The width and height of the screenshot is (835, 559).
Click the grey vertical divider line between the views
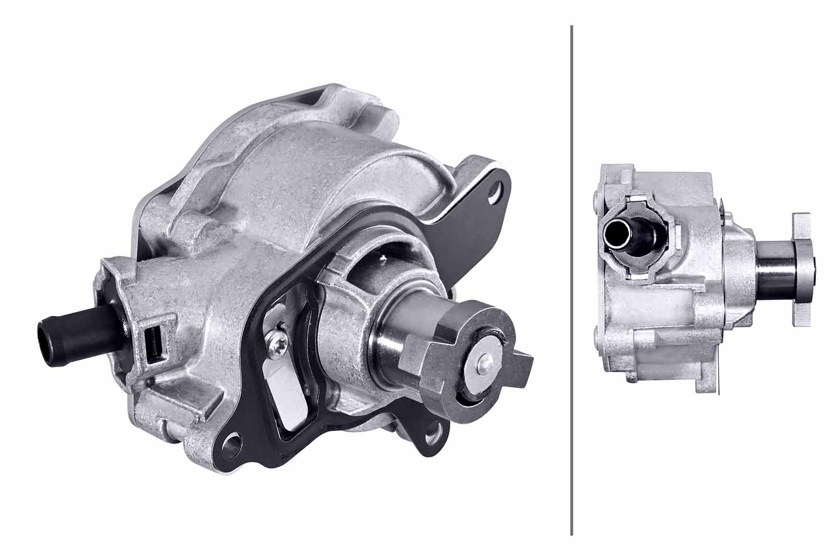click(x=572, y=278)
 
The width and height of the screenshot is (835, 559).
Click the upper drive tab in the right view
click(x=802, y=229)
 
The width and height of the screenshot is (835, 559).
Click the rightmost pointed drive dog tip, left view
click(x=529, y=362)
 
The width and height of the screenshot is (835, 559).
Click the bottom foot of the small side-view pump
click(x=704, y=384)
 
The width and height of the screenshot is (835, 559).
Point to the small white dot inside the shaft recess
click(x=382, y=256)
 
